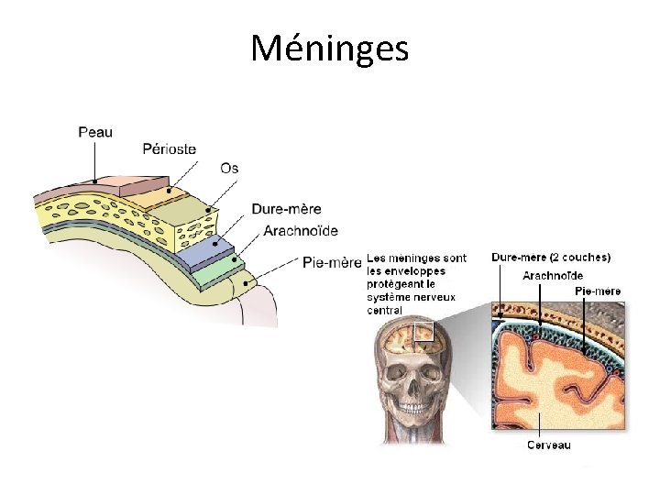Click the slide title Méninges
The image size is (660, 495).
click(329, 48)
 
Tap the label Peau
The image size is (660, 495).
click(95, 132)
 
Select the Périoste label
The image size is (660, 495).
click(170, 148)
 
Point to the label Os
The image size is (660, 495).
click(229, 168)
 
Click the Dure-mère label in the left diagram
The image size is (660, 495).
click(287, 209)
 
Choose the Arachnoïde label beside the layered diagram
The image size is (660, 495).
click(301, 230)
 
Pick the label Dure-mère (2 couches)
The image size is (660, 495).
click(551, 258)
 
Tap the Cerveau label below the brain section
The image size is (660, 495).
click(547, 445)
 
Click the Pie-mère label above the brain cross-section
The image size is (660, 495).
click(598, 291)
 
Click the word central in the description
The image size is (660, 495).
click(386, 310)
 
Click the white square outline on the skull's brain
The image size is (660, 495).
click(423, 331)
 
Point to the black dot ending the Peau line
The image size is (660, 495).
click(93, 180)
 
